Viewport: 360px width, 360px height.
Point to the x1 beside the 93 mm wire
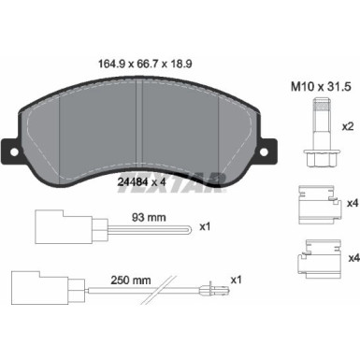(x=206, y=226)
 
